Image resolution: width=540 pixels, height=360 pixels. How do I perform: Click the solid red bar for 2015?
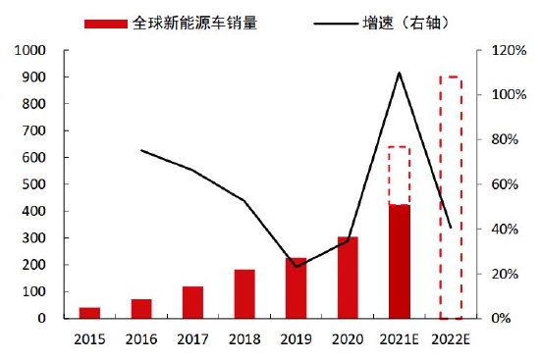pos(89,313)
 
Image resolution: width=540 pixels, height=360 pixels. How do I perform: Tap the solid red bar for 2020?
pos(348,278)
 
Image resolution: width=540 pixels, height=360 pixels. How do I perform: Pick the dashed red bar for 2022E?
pos(451,196)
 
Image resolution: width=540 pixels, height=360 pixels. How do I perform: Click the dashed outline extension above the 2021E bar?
pos(399,176)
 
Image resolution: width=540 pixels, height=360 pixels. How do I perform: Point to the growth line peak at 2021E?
pos(399,73)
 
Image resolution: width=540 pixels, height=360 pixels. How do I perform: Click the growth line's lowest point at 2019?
pos(296,266)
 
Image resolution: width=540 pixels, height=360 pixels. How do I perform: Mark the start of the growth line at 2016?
pos(141,150)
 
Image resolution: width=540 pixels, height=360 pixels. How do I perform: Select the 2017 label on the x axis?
pos(192,340)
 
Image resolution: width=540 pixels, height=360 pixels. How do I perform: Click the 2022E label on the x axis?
pos(451,340)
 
